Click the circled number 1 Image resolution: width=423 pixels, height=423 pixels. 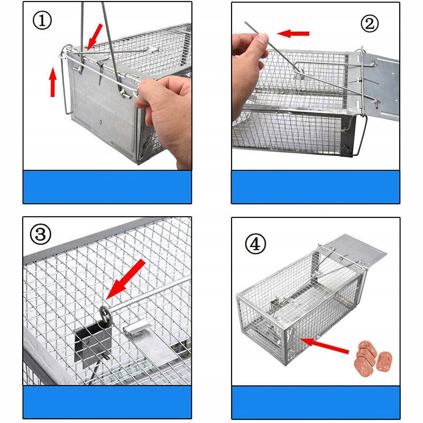[42, 21]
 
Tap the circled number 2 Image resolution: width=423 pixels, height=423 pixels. [370, 23]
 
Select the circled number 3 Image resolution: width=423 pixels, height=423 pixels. [41, 234]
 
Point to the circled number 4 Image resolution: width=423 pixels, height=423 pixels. [255, 244]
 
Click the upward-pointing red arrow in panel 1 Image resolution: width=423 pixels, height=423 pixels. [53, 82]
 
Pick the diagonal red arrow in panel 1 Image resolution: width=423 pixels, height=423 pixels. [95, 36]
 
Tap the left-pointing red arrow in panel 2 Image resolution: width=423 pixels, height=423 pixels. [293, 33]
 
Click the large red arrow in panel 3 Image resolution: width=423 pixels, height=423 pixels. [126, 280]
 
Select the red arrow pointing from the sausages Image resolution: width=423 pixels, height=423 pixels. [325, 345]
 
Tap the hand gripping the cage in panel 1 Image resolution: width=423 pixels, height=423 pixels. [164, 118]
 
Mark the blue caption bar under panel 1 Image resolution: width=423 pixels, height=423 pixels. [107, 187]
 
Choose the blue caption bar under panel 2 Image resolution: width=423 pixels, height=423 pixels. [316, 187]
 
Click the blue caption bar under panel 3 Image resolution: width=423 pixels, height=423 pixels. [107, 402]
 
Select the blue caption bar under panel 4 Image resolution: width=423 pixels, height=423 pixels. [316, 402]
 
